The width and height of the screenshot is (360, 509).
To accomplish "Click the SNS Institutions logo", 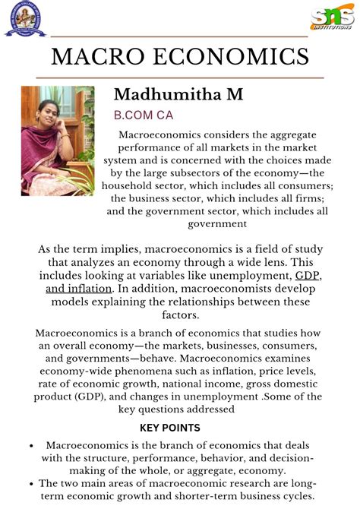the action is point(332,17).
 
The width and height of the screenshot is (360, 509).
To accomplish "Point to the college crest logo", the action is point(25,19).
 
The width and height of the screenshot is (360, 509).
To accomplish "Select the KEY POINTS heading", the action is point(180,428).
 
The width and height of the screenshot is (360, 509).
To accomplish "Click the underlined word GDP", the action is point(307,276).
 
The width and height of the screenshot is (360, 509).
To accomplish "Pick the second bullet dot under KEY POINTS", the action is point(30,483).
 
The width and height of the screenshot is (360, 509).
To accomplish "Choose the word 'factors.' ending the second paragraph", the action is point(180,316).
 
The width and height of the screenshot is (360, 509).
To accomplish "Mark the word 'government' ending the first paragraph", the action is point(219,223).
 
